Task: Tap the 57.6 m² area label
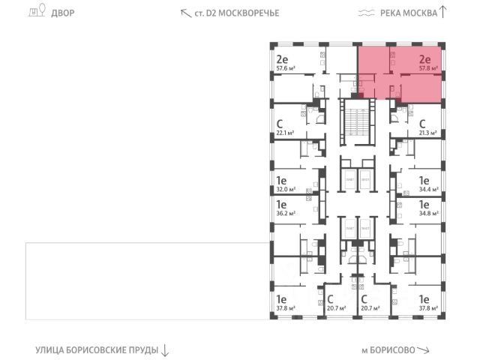pyautogui.click(x=286, y=67)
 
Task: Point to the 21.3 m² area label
pyautogui.click(x=427, y=133)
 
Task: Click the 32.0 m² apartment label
pyautogui.click(x=286, y=190)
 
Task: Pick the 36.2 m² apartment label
pyautogui.click(x=286, y=212)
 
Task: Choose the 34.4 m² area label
pyautogui.click(x=427, y=190)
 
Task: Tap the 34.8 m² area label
pyautogui.click(x=427, y=212)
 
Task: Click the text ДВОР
pyautogui.click(x=63, y=13)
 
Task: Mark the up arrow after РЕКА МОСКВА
pyautogui.click(x=443, y=12)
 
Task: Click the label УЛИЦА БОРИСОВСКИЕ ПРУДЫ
pyautogui.click(x=96, y=350)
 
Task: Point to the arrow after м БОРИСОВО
pyautogui.click(x=425, y=350)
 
